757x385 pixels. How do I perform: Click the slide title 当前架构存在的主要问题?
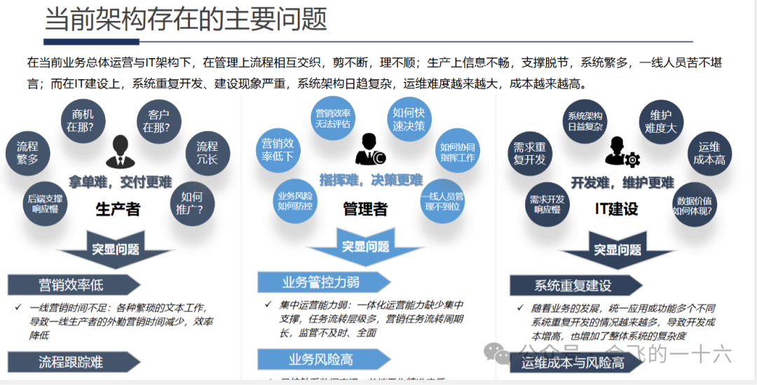coord(186,20)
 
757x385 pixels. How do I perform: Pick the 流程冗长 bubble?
coord(207,153)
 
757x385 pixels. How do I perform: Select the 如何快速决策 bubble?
coord(409,119)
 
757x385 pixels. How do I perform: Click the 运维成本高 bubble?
coord(709,154)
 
